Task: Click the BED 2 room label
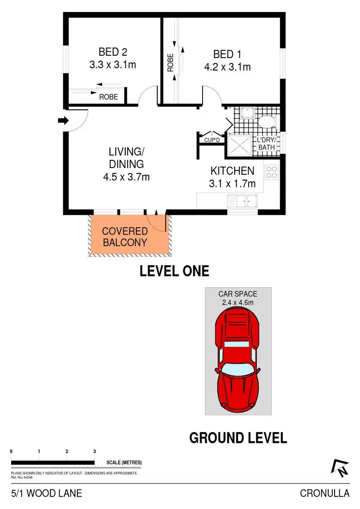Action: coord(113,52)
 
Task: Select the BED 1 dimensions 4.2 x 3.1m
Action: coord(227,67)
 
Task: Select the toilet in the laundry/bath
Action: coord(266,120)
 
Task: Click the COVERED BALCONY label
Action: coord(124,237)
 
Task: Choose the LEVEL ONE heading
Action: coord(174,271)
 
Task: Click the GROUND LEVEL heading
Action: coord(238,438)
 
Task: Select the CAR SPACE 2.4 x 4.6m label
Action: coord(238,298)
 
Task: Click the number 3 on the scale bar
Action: coord(95,451)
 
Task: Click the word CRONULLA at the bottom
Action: coord(324,494)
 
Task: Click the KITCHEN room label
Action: coord(232,170)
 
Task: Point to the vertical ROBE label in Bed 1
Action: coord(170,62)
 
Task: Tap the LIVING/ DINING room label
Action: coord(126,164)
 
